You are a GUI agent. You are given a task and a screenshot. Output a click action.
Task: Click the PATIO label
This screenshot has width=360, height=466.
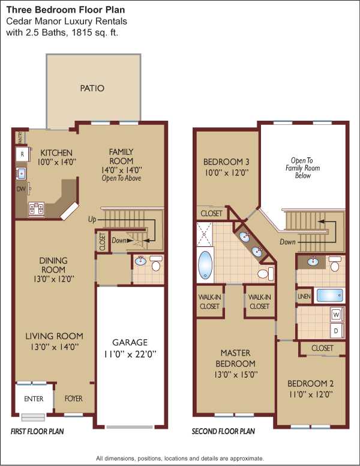(92, 88)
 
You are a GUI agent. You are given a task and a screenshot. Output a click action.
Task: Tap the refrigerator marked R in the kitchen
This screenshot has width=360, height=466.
(22, 154)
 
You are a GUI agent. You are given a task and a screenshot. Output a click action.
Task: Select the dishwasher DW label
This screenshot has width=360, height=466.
(21, 189)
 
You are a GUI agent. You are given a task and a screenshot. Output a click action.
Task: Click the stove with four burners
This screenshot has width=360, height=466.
(36, 208)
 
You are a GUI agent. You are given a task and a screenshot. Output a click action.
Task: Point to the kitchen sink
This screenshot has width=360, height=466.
(22, 174)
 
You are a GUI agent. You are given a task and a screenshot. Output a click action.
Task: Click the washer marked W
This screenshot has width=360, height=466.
(337, 315)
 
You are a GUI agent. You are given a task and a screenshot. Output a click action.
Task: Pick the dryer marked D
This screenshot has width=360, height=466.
(337, 331)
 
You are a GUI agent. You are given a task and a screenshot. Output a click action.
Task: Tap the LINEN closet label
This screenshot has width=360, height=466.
(304, 296)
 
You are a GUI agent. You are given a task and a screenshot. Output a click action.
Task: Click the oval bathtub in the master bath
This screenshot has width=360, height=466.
(205, 265)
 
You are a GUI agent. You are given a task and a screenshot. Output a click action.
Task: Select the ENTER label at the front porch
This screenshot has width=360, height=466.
(34, 399)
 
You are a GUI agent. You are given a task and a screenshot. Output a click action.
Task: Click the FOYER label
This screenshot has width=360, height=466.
(73, 399)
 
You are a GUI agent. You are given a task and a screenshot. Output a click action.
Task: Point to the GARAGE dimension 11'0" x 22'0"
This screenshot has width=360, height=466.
(130, 354)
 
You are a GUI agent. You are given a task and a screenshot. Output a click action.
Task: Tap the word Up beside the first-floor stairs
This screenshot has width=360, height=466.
(92, 219)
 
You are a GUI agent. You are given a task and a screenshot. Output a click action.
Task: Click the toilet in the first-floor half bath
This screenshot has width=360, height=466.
(156, 263)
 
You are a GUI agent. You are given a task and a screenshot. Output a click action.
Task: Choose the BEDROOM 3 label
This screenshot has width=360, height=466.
(226, 162)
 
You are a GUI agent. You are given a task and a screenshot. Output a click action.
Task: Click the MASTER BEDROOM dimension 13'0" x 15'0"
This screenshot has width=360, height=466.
(236, 375)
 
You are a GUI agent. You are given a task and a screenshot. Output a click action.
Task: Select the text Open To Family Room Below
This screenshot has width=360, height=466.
(302, 168)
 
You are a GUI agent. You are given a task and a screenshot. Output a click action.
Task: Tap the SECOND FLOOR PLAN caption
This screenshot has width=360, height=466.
(223, 431)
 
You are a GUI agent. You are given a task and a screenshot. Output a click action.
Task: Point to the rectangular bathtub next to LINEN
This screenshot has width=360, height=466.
(330, 295)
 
